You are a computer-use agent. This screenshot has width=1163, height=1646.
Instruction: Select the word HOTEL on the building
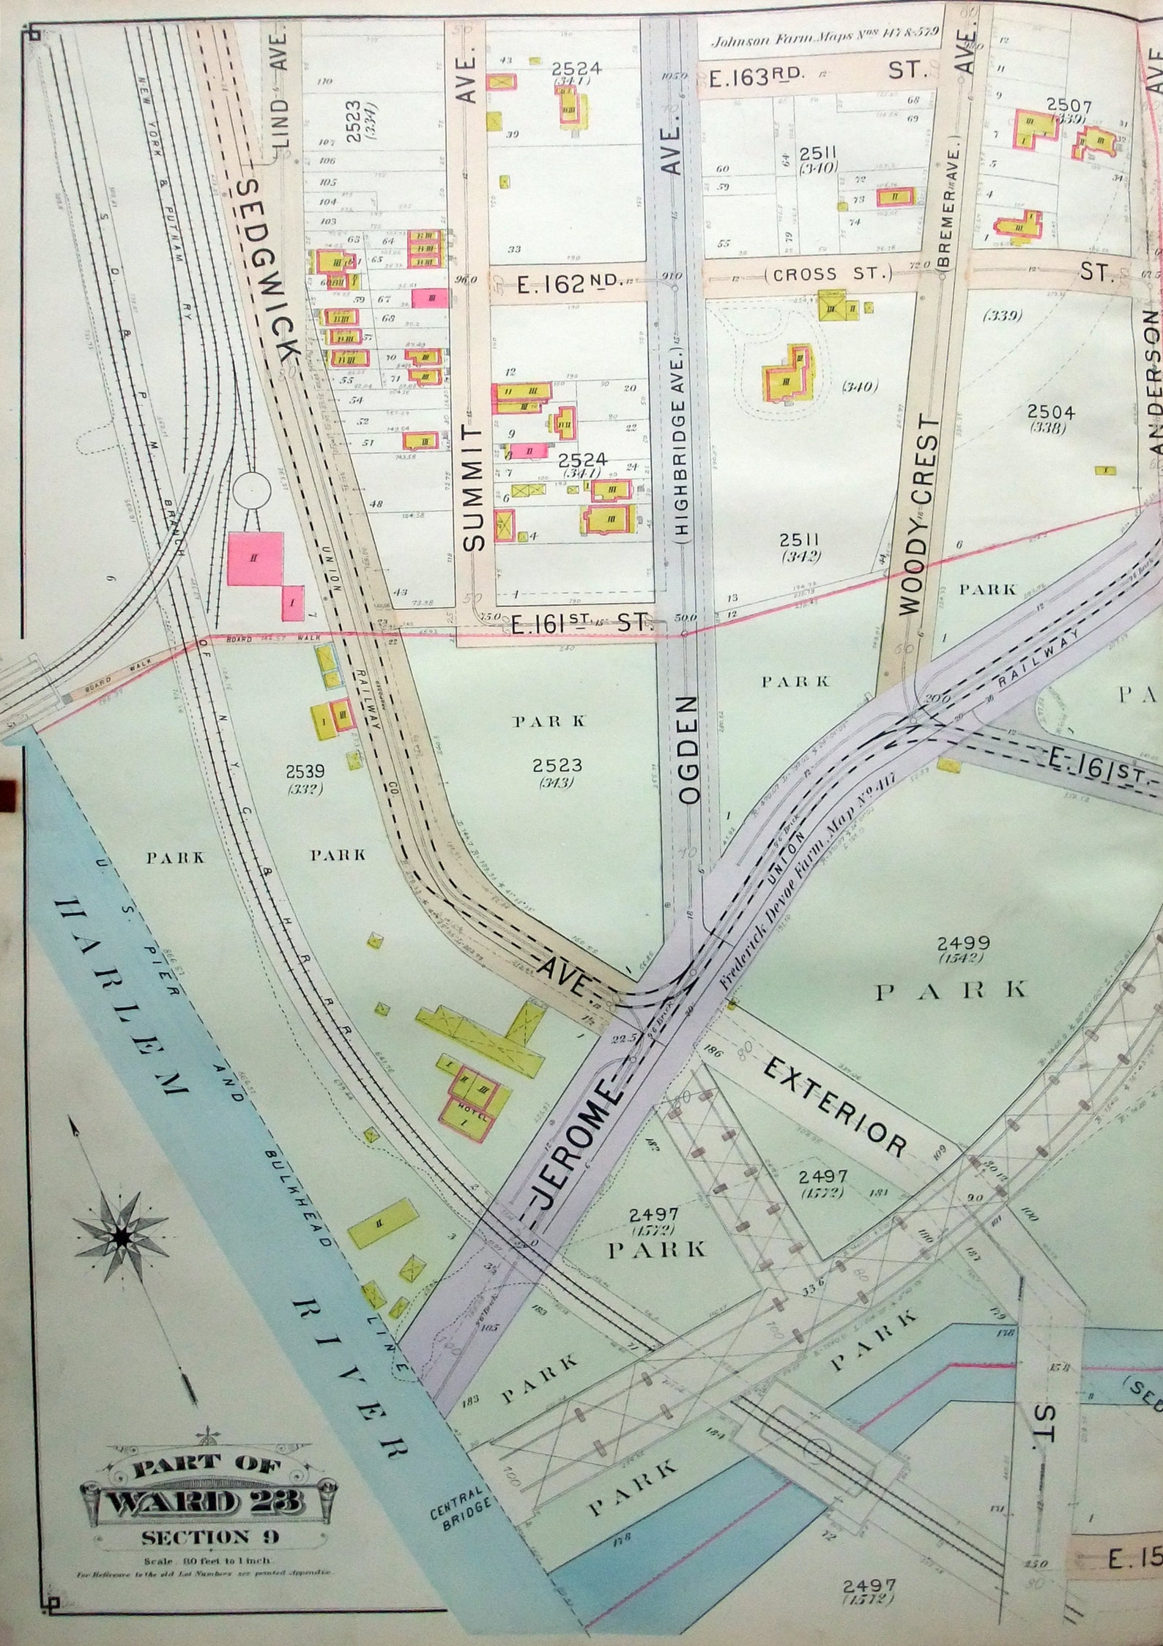coord(464,1114)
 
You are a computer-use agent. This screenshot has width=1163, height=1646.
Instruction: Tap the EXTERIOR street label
coord(835,1109)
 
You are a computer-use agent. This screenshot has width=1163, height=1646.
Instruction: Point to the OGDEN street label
coord(689,751)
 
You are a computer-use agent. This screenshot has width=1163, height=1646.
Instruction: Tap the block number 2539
coord(305,772)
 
